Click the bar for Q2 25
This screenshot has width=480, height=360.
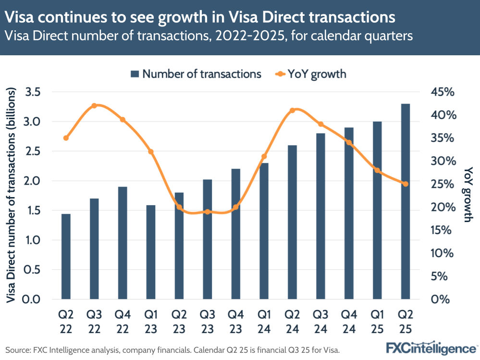pyautogui.click(x=405, y=201)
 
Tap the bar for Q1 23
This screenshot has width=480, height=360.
pyautogui.click(x=150, y=252)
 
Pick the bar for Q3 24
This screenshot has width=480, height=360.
pyautogui.click(x=320, y=216)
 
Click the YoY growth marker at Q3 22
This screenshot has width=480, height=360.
pyautogui.click(x=94, y=106)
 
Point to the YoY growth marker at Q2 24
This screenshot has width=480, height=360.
pyautogui.click(x=292, y=110)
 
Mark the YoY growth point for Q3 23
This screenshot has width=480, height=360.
pyautogui.click(x=207, y=211)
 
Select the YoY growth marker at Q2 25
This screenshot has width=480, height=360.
pyautogui.click(x=405, y=184)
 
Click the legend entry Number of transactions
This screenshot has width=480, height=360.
pyautogui.click(x=196, y=74)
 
